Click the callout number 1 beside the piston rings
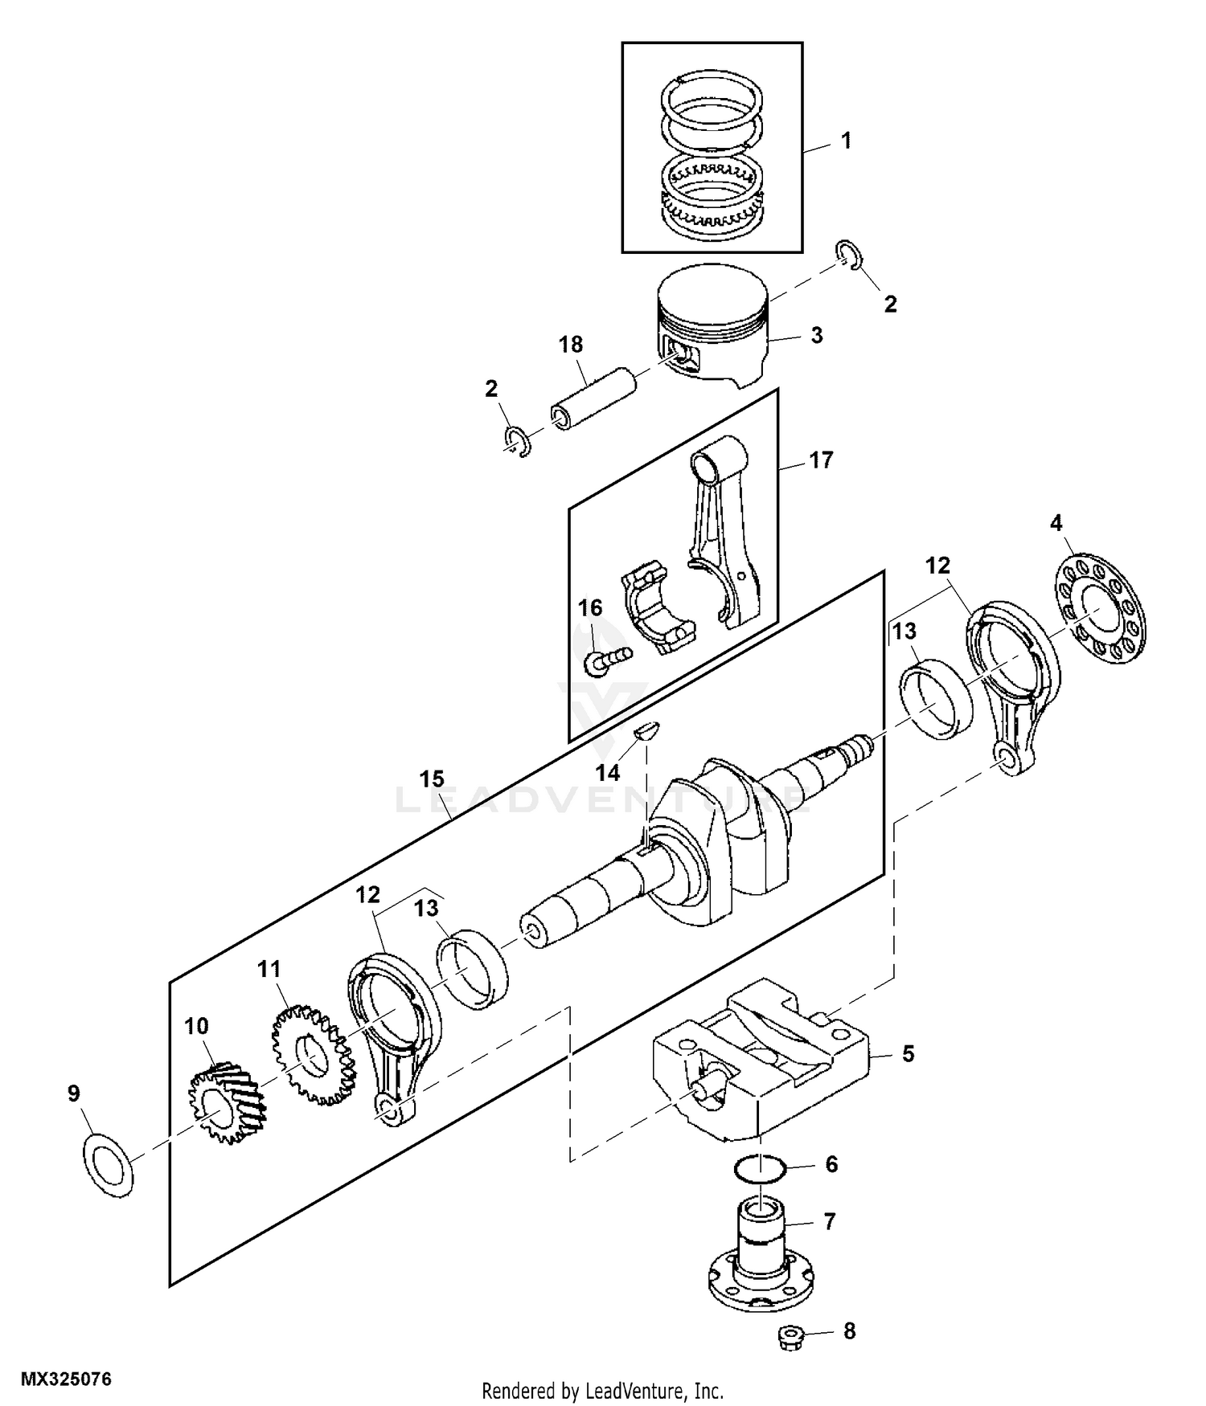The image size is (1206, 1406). click(845, 141)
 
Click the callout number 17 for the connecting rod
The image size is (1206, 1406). click(821, 460)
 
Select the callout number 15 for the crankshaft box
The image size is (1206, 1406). click(431, 779)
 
